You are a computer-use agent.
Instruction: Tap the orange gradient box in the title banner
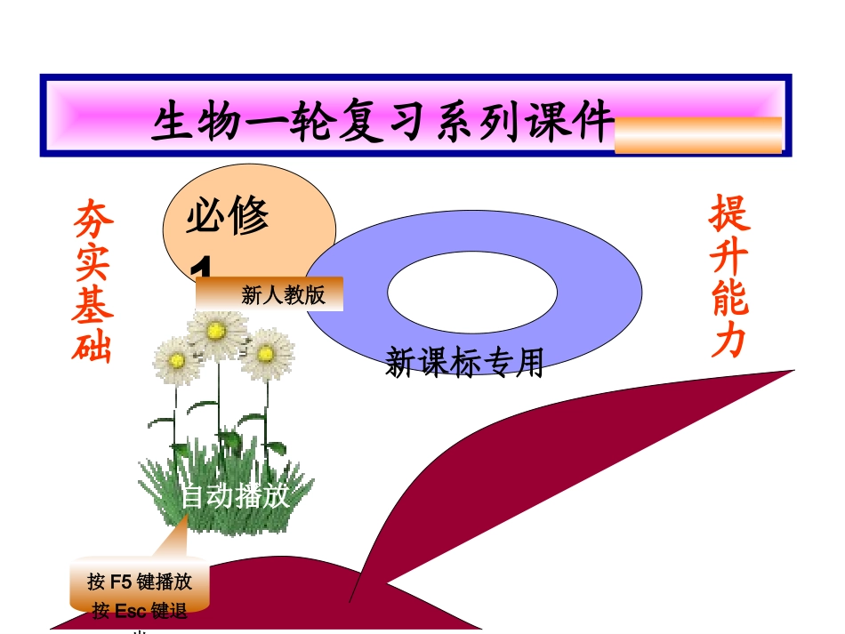[698, 135]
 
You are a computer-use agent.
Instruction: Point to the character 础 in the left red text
[93, 344]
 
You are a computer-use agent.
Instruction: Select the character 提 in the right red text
[729, 213]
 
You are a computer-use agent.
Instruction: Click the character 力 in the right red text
[729, 339]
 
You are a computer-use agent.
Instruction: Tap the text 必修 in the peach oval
[228, 218]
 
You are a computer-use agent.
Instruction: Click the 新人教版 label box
[270, 294]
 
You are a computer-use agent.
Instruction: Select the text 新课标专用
[464, 363]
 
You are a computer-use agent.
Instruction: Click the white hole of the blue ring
[472, 291]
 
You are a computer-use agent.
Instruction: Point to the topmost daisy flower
[216, 331]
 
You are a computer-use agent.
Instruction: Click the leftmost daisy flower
[176, 360]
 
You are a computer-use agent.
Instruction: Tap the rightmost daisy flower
[266, 353]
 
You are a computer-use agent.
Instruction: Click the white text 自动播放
[236, 496]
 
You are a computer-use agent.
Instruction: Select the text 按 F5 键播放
[140, 582]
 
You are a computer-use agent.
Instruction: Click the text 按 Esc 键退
[140, 612]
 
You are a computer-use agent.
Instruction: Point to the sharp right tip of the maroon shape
[791, 371]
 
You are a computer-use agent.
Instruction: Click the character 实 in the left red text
[93, 260]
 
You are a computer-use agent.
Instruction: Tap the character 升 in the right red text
[729, 257]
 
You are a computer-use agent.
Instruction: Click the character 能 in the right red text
[729, 299]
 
